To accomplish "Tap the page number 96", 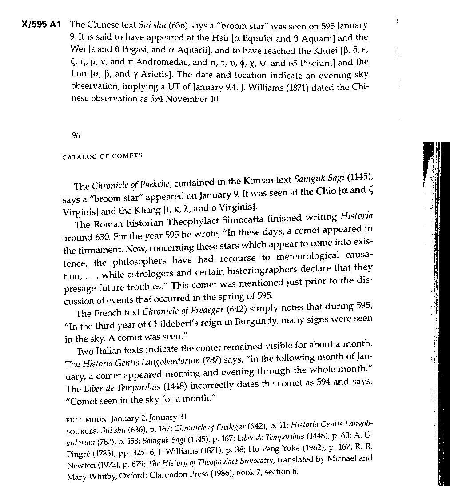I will (x=76, y=136).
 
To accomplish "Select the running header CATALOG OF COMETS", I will (x=102, y=156).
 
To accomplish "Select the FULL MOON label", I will (x=87, y=419).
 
